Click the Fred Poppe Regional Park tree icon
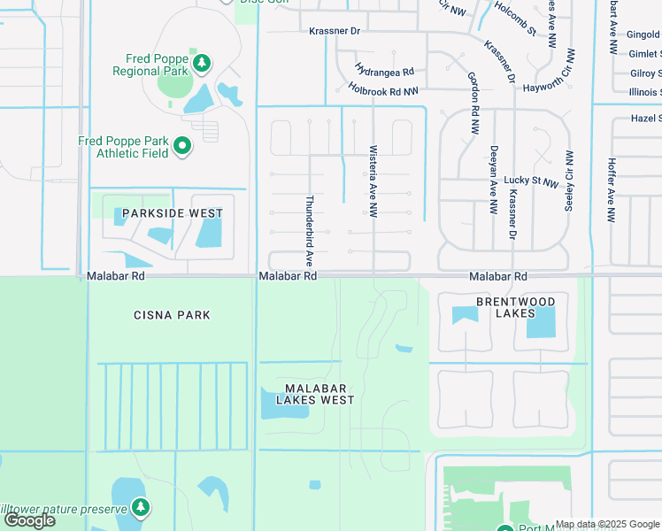[x=203, y=63]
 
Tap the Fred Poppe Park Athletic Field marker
[x=182, y=145]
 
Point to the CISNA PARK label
[x=173, y=315]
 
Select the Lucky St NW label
[x=531, y=181]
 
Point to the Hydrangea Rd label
[x=385, y=70]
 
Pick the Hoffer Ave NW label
[x=610, y=190]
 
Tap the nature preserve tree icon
[x=140, y=506]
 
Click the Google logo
[x=30, y=520]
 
